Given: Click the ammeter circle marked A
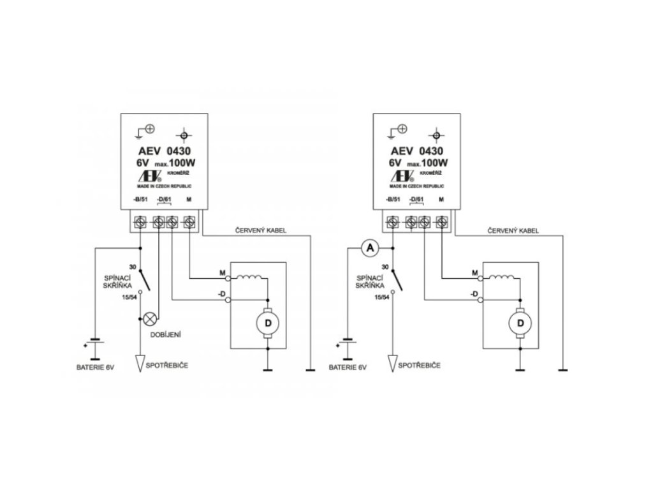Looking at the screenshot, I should [367, 249].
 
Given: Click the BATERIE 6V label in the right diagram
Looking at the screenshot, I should [348, 368].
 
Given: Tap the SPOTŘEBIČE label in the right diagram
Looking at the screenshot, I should [418, 366].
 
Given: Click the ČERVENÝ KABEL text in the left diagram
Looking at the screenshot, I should [261, 229].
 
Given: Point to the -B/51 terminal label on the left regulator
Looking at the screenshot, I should [140, 201].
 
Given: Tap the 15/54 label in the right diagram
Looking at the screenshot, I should [381, 297].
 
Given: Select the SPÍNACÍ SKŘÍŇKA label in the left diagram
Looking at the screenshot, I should [120, 282].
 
